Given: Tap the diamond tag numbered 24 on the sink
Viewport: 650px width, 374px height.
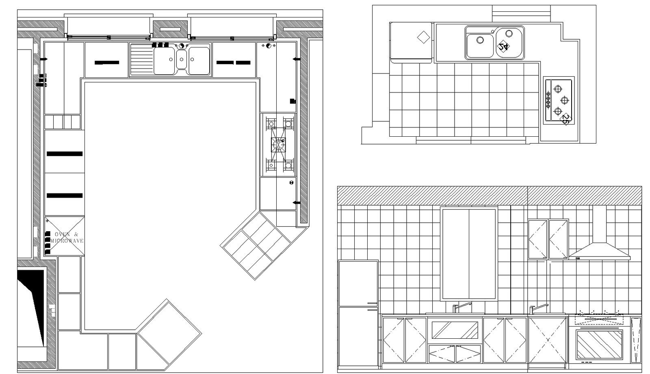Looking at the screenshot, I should [503, 46].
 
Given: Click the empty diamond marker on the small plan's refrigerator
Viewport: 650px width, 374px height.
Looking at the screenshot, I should [423, 38].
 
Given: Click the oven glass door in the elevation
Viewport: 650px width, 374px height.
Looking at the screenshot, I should [599, 344].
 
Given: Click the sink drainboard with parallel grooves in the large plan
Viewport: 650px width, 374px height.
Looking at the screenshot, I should [141, 60].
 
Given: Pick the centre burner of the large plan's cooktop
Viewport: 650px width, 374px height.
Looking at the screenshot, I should [278, 144].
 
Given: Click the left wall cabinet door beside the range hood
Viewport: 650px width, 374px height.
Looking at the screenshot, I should [537, 239].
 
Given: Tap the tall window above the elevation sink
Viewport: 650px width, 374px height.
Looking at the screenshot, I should [469, 254].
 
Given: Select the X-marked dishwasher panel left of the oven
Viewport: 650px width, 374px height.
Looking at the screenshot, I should [547, 340].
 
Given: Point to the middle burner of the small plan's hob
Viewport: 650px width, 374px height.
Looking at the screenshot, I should [564, 100].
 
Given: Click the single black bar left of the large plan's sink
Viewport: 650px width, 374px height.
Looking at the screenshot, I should [107, 62].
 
